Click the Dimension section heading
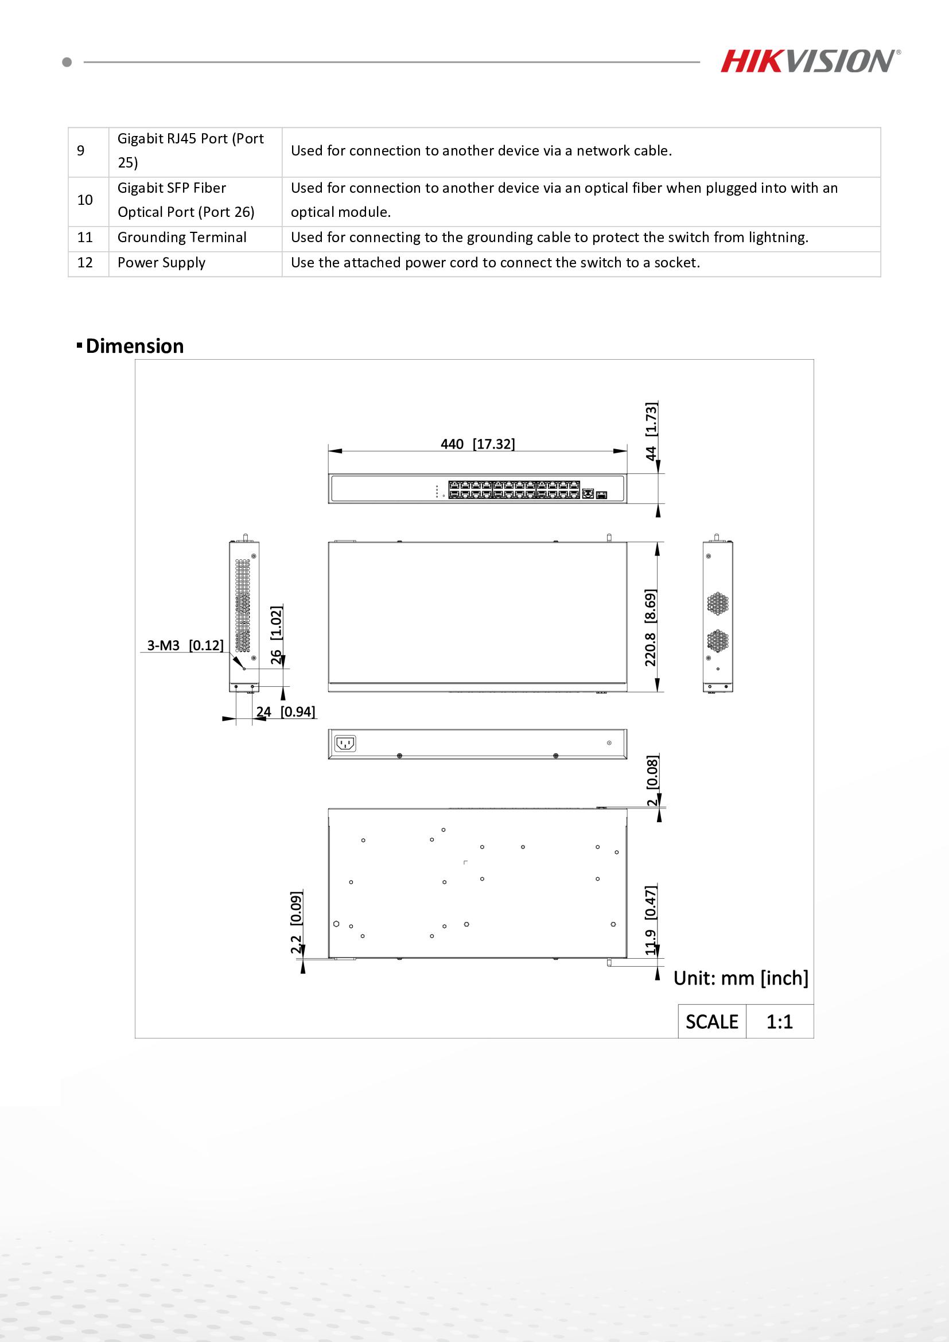[x=134, y=346]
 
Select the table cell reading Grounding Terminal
[x=182, y=238]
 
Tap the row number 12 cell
[x=85, y=262]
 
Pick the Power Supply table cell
[x=161, y=262]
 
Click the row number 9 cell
[x=81, y=151]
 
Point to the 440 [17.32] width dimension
[x=477, y=444]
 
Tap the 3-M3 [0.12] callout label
[x=185, y=645]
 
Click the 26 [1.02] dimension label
[x=277, y=635]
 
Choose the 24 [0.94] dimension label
[x=285, y=711]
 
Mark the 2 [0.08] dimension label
[x=652, y=780]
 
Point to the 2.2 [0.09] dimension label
[x=296, y=923]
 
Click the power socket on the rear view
[x=345, y=744]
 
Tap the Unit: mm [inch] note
[x=740, y=978]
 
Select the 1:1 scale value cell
[x=780, y=1022]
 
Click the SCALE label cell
[x=711, y=1022]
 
